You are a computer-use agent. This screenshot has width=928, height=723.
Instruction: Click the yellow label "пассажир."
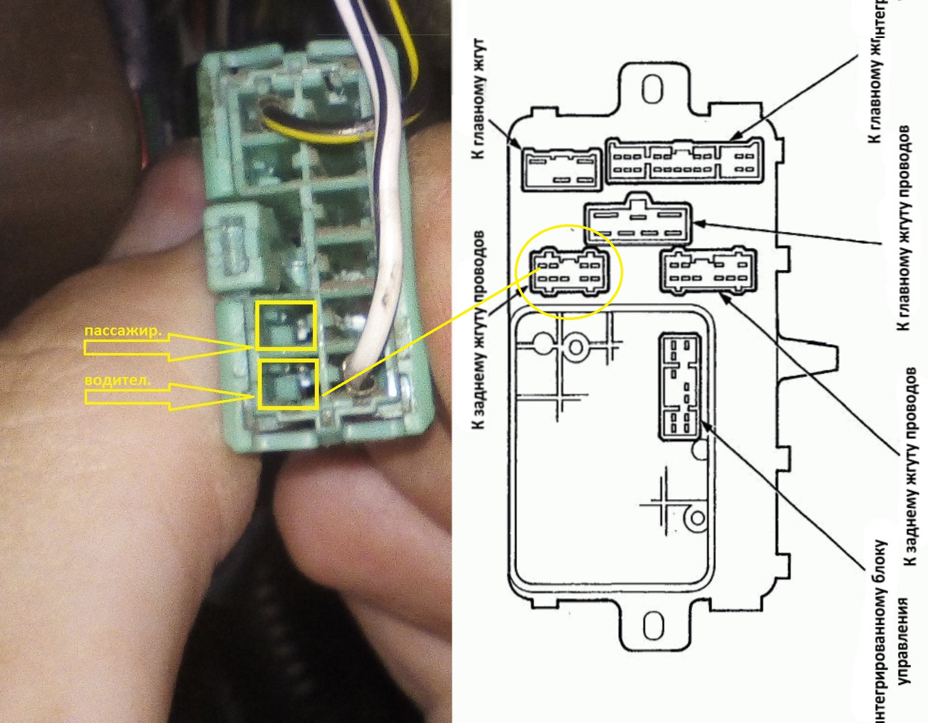coord(123,331)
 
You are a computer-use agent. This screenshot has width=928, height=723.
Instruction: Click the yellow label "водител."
coord(118,380)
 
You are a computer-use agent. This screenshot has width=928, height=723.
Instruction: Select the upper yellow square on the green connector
coord(286,325)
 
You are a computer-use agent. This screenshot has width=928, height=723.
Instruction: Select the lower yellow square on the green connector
coord(288,385)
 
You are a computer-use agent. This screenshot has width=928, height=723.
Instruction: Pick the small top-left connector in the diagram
coord(561,169)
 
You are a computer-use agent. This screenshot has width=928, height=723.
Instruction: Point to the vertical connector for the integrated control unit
coord(680,387)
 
